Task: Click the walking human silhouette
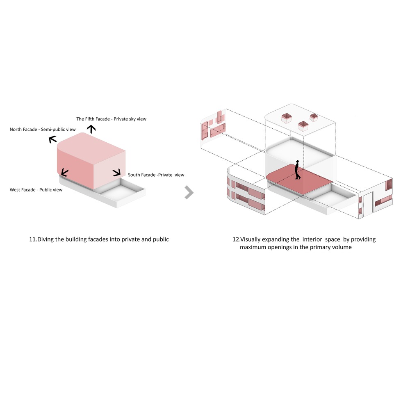[x=297, y=170]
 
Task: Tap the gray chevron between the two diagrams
[x=189, y=192]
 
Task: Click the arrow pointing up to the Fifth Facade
[x=91, y=129]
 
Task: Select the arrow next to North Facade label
[x=52, y=139]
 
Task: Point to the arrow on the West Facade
[x=65, y=173]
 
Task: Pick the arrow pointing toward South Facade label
[x=116, y=172]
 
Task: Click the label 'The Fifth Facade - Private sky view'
[x=111, y=119]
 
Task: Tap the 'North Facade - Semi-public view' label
[x=43, y=130]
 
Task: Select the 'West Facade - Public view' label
[x=36, y=190]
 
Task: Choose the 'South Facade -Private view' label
[x=156, y=175]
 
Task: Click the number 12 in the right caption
[x=236, y=239]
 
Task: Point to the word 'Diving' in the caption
[x=46, y=239]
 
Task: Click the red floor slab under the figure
[x=299, y=179]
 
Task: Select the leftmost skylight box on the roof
[x=287, y=118]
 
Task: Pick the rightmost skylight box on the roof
[x=314, y=117]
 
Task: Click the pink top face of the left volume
[x=91, y=146]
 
